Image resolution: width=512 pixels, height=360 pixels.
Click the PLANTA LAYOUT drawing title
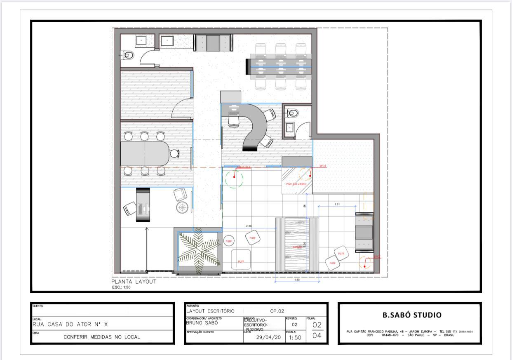pos(134,282)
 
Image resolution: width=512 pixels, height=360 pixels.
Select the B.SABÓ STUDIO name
pos(412,315)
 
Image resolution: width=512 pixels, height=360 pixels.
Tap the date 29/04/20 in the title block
pos(268,337)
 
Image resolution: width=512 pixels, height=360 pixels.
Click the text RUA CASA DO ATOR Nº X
pos(70,324)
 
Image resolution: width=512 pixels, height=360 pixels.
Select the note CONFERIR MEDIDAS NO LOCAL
pos(102,337)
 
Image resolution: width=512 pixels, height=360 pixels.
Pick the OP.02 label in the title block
pos(277,311)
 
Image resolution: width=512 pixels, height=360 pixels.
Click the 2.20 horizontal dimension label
pos(249,226)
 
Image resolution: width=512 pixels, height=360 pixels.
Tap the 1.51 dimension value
pos(337,204)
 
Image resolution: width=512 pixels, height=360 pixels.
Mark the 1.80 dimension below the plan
pos(297,280)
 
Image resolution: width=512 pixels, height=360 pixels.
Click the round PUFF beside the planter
pos(229,241)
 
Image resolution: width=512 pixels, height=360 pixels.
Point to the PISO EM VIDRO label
pos(296,184)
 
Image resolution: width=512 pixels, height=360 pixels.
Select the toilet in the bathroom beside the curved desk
pos(293,112)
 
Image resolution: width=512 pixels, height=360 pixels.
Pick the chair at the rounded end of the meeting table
pos(175,154)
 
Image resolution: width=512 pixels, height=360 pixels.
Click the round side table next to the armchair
pos(182,207)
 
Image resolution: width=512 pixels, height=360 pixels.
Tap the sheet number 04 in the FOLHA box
pos(317,336)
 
